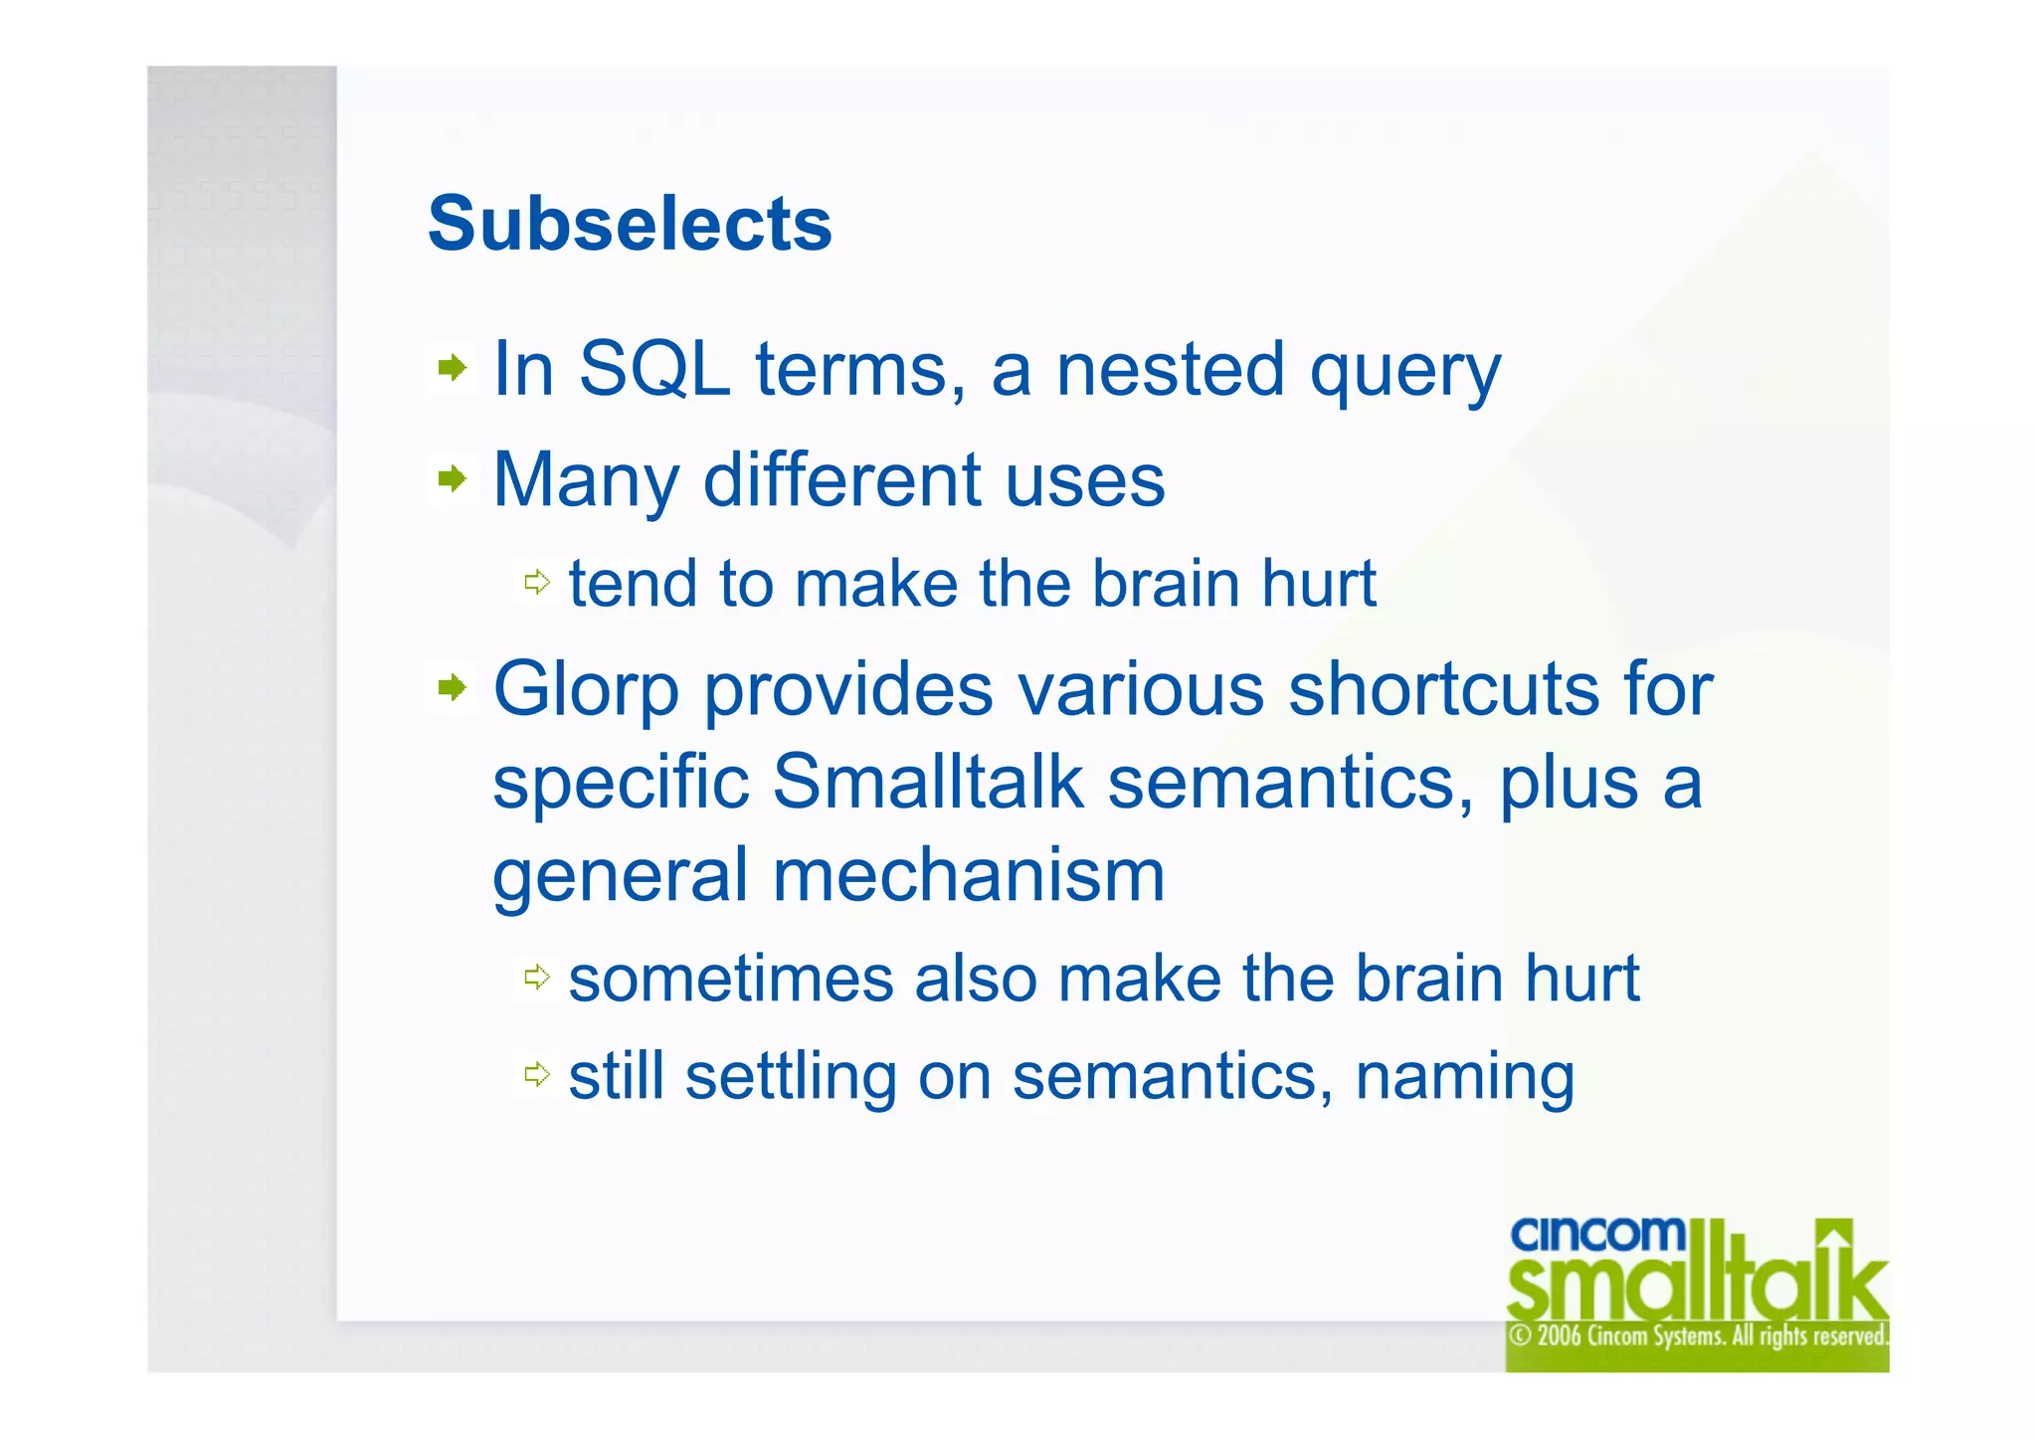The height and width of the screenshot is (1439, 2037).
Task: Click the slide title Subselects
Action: (630, 225)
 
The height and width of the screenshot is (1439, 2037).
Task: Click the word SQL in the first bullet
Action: (653, 370)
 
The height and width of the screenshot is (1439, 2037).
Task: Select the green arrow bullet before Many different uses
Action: (453, 479)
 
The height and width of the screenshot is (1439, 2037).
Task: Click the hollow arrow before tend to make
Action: (537, 583)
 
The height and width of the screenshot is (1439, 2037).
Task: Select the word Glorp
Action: (587, 690)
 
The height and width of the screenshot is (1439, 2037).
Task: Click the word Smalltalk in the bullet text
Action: (927, 782)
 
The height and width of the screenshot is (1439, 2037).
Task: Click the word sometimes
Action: (731, 979)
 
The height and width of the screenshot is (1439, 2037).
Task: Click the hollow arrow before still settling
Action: (537, 1074)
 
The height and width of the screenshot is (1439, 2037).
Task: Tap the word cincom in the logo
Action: (1596, 1234)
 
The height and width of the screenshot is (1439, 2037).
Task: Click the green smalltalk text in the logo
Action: (1681, 1287)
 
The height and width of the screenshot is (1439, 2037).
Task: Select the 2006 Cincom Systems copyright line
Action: (1697, 1336)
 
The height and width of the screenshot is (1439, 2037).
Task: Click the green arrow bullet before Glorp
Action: (453, 687)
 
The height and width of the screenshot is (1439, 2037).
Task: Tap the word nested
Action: (1171, 370)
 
